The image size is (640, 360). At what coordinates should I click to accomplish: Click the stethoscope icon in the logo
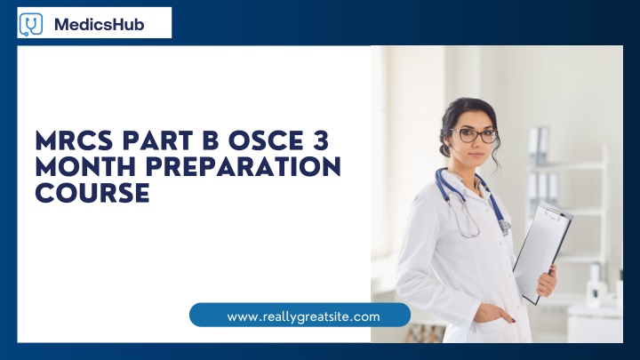(x=30, y=24)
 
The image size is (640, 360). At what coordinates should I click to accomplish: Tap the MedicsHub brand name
(x=100, y=25)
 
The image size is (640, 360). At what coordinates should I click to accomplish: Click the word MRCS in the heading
(x=74, y=140)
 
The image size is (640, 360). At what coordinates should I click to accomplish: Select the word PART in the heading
(x=158, y=140)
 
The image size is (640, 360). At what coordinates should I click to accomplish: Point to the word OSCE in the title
(x=260, y=140)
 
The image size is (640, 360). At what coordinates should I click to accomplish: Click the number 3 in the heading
(x=321, y=140)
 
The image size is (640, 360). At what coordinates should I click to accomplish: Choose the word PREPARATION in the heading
(x=244, y=167)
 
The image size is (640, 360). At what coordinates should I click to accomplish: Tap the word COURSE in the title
(x=92, y=193)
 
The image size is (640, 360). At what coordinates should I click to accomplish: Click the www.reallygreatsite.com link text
(x=303, y=316)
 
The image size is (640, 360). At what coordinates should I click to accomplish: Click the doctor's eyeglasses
(x=476, y=135)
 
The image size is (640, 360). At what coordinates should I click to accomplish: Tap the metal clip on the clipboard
(x=555, y=213)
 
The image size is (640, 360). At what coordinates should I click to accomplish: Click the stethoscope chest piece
(x=505, y=227)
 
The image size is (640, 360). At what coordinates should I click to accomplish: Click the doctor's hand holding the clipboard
(x=548, y=281)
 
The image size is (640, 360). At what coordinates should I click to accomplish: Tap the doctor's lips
(x=477, y=155)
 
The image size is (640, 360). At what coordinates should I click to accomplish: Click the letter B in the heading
(x=211, y=140)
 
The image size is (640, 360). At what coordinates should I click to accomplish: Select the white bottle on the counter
(x=596, y=284)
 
